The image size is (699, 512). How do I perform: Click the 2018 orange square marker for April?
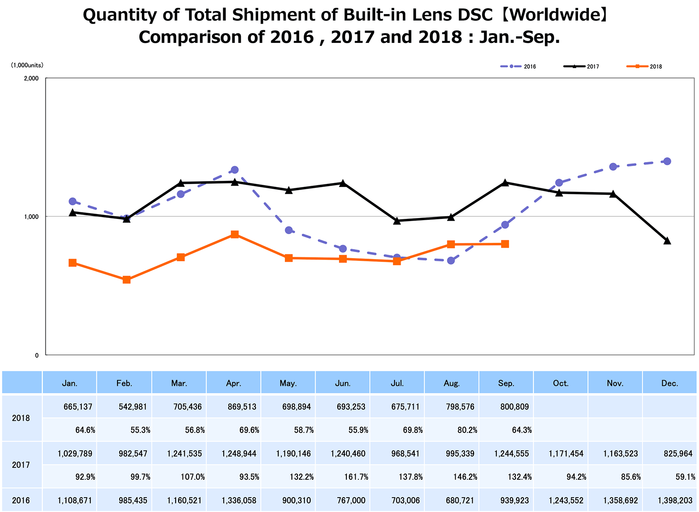[235, 235]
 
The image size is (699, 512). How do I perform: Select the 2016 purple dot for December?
[667, 161]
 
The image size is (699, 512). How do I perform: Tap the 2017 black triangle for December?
[667, 241]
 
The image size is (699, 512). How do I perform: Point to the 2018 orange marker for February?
[127, 280]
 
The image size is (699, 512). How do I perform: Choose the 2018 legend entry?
[644, 67]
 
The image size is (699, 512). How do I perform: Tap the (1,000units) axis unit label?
[27, 65]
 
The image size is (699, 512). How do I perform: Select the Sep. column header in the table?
[506, 384]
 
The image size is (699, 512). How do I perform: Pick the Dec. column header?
[669, 384]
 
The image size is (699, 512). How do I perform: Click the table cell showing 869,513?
[239, 407]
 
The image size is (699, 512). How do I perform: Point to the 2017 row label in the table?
[21, 465]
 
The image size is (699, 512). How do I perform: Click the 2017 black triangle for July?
[397, 221]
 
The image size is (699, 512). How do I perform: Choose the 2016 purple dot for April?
[235, 170]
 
